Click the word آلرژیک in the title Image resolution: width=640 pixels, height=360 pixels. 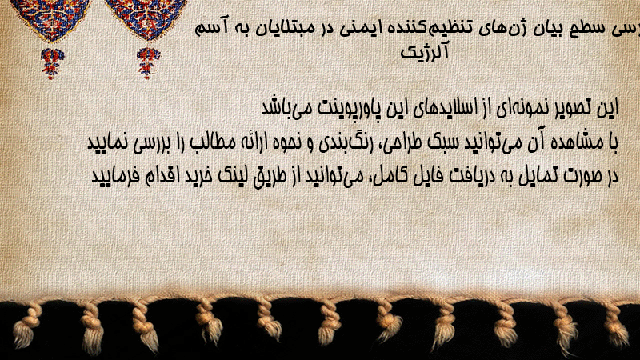425,52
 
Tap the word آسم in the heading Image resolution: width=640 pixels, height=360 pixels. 211,29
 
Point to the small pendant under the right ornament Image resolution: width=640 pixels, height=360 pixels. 148,63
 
